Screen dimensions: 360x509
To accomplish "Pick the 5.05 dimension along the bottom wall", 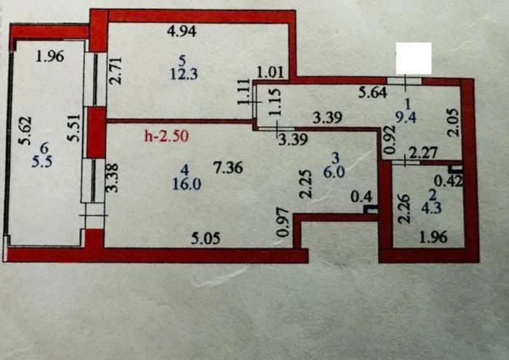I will click(x=207, y=236).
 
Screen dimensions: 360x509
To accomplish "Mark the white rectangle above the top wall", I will click(x=413, y=57).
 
